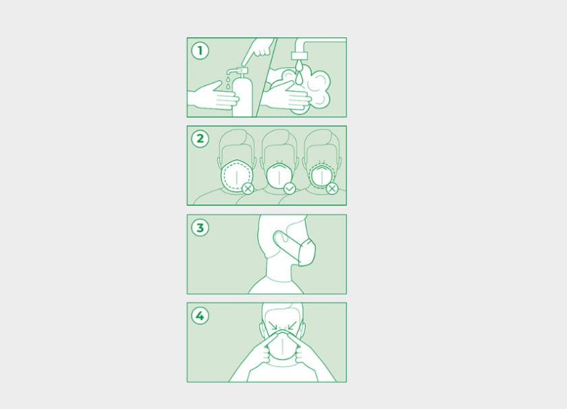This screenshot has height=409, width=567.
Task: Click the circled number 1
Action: (x=200, y=51)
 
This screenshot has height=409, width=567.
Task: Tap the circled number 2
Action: (x=200, y=139)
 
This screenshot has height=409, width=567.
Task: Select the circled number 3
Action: (x=200, y=228)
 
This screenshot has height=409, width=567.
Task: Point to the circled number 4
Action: (x=200, y=316)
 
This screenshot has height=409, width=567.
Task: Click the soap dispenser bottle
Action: (x=242, y=94)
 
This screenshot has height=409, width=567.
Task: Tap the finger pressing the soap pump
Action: (x=256, y=51)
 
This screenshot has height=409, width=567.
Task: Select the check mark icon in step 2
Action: (x=290, y=189)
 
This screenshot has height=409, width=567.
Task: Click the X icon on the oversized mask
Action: (x=248, y=189)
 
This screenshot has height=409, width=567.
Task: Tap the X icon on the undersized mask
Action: (x=332, y=189)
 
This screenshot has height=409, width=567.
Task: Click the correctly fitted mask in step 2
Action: (x=279, y=175)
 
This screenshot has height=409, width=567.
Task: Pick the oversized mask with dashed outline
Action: (x=236, y=175)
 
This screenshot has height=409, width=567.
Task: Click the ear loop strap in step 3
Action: (x=286, y=242)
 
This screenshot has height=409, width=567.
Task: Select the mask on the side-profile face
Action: (x=306, y=253)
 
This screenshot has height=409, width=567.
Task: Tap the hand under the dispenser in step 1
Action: (x=213, y=95)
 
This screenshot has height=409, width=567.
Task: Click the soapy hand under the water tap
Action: (x=286, y=95)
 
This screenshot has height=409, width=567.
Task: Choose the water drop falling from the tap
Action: (x=299, y=77)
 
